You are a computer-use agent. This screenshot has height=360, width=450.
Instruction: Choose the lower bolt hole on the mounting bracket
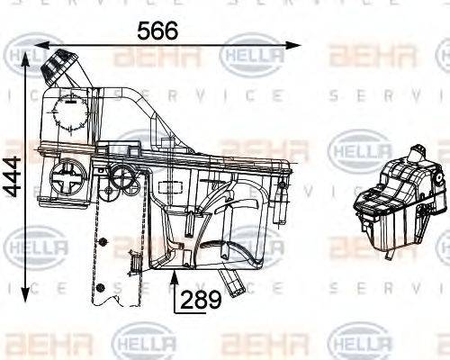click(101, 287)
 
